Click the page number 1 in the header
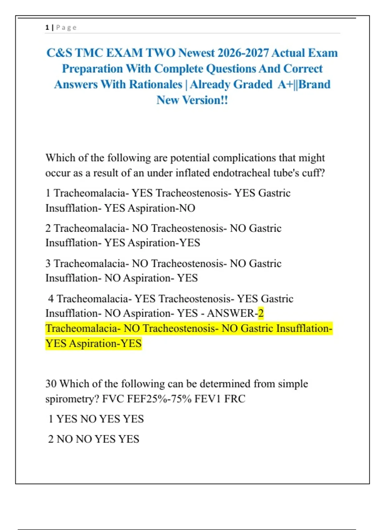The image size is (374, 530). click(47, 27)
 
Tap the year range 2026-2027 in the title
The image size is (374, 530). click(243, 53)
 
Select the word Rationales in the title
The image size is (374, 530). click(156, 84)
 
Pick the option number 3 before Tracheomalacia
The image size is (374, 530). click(48, 263)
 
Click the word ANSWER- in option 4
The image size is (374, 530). click(232, 313)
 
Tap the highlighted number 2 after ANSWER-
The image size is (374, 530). click(261, 313)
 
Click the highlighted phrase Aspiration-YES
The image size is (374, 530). click(105, 344)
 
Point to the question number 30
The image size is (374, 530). click(51, 384)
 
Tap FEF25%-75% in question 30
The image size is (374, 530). click(159, 399)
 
